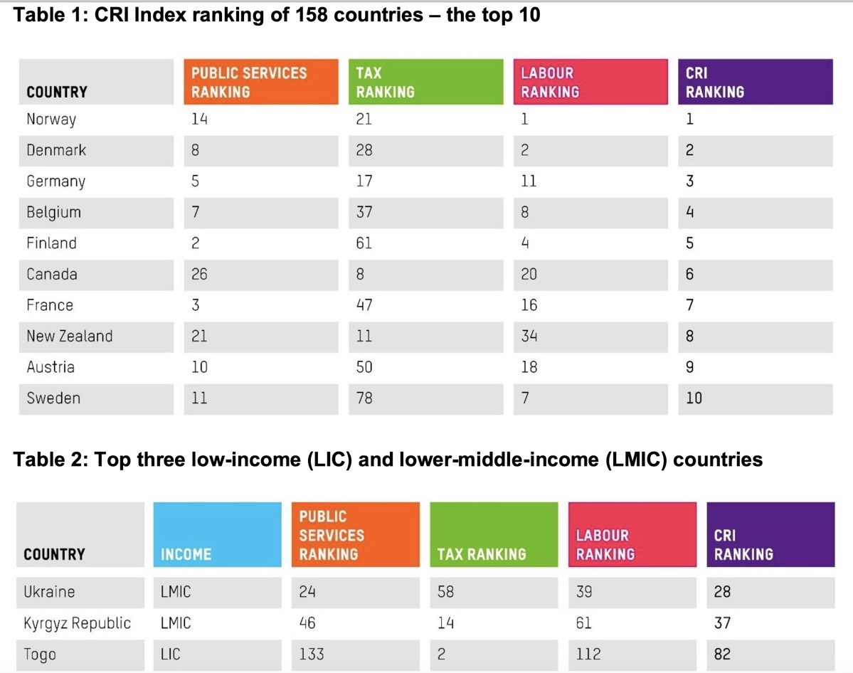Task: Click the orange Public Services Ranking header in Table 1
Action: [256, 82]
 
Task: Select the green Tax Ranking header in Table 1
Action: [420, 82]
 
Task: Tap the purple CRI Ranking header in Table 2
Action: [770, 535]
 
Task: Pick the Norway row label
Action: [51, 120]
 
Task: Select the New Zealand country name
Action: [70, 336]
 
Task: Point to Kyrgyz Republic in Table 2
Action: [78, 623]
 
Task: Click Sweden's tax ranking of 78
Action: [364, 398]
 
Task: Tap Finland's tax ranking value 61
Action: [364, 243]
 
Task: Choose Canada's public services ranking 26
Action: [199, 275]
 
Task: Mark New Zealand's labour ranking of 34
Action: [529, 336]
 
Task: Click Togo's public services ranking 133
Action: [312, 654]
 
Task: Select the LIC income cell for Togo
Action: [171, 654]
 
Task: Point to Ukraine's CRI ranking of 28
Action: [722, 592]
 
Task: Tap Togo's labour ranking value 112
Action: [588, 654]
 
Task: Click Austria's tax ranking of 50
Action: [364, 367]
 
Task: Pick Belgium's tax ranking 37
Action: [364, 212]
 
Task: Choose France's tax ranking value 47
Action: [364, 305]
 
